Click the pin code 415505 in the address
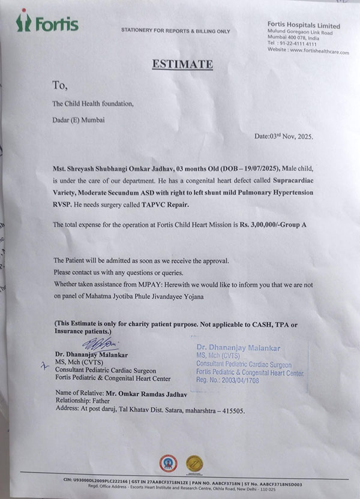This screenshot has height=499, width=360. tap(230, 411)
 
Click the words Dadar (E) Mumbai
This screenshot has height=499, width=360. tap(79, 119)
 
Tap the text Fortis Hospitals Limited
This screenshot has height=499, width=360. tap(304, 25)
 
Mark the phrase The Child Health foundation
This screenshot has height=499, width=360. tap(92, 103)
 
